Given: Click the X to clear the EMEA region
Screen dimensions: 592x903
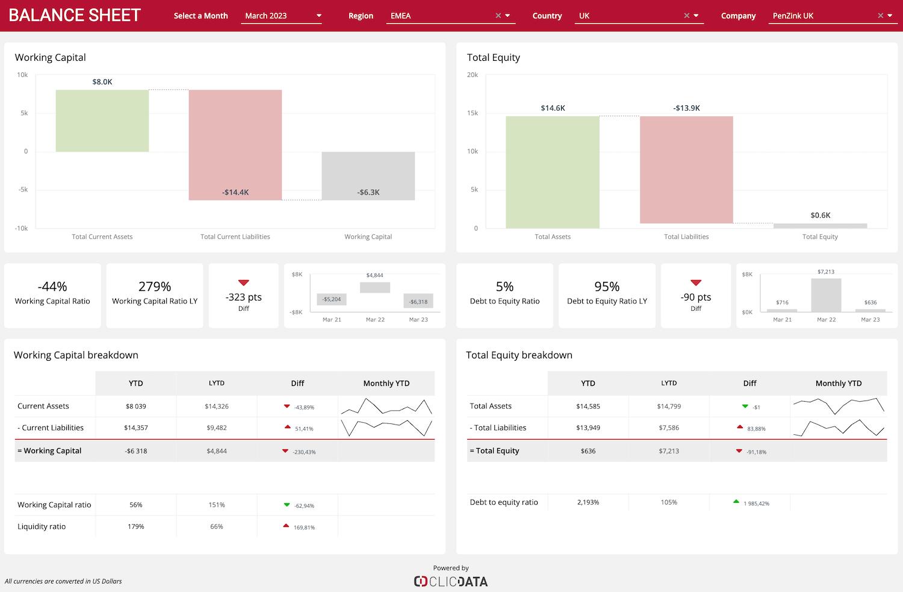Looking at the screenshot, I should click(x=498, y=16).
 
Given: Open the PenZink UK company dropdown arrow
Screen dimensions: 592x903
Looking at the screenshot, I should click(x=890, y=16).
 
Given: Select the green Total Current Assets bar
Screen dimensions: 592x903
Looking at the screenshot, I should click(x=102, y=120).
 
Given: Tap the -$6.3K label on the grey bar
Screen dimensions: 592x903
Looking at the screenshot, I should click(x=368, y=192).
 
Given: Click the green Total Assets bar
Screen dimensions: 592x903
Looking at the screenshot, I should click(x=553, y=172).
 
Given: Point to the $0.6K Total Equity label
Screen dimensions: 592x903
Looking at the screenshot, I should click(x=820, y=215).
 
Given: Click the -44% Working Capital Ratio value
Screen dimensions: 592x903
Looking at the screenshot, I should click(x=52, y=287).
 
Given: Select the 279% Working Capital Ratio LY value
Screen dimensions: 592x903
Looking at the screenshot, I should click(x=155, y=287).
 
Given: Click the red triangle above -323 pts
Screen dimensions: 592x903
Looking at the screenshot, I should click(x=244, y=282).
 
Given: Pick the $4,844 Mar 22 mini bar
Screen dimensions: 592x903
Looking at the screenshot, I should click(x=375, y=287).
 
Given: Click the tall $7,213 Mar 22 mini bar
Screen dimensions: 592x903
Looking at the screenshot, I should click(x=826, y=294).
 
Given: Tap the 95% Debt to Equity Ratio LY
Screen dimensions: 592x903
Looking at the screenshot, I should click(x=607, y=287).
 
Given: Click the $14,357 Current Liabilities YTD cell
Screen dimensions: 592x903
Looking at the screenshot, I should click(x=136, y=428).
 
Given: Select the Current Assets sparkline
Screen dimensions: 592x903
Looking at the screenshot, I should click(x=386, y=407).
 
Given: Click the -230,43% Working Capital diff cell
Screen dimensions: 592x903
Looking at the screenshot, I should click(x=298, y=451).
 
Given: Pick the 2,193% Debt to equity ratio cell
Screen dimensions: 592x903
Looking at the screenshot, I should click(x=588, y=502).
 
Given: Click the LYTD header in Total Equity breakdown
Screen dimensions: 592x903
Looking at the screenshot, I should click(x=669, y=383).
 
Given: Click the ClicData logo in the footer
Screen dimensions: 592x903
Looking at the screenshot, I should click(x=451, y=581).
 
